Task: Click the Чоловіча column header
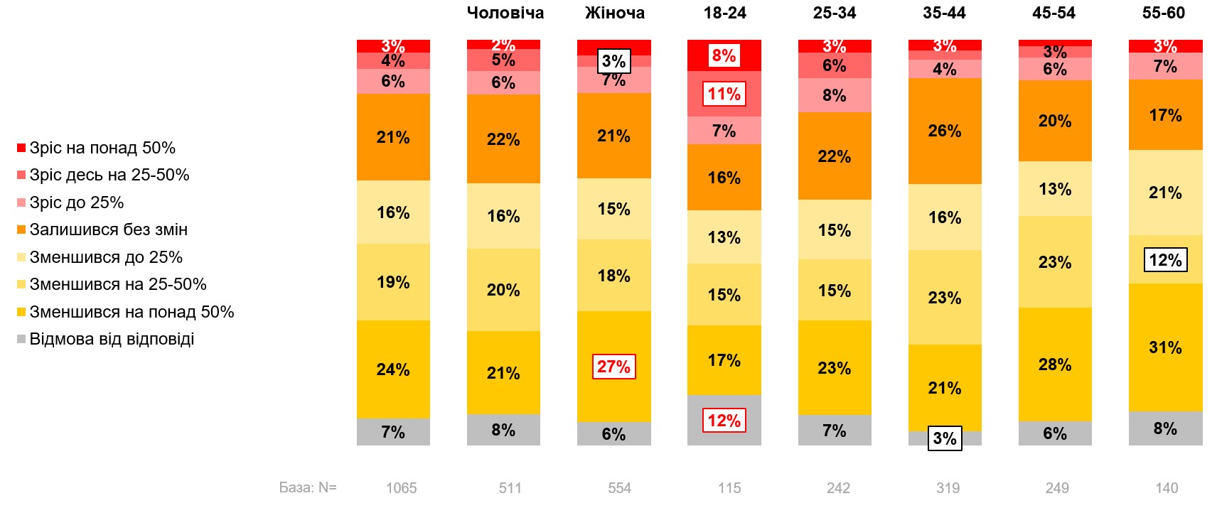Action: tap(505, 13)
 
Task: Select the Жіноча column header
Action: tap(614, 13)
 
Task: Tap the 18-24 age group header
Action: tap(724, 13)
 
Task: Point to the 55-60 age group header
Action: tap(1163, 13)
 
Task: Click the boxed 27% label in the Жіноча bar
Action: tap(613, 367)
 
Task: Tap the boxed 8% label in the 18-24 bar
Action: tap(724, 55)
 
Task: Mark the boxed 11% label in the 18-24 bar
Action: tap(724, 94)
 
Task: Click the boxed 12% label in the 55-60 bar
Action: tap(1165, 260)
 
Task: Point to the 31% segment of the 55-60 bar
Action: tap(1165, 347)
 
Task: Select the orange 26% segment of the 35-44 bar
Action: tap(944, 131)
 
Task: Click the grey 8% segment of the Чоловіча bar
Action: tap(503, 430)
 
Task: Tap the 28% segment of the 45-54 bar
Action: tap(1055, 364)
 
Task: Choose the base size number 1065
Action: tap(401, 488)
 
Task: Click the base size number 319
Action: tap(948, 488)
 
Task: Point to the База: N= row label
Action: tap(308, 487)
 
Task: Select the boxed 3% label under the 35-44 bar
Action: tap(944, 438)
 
